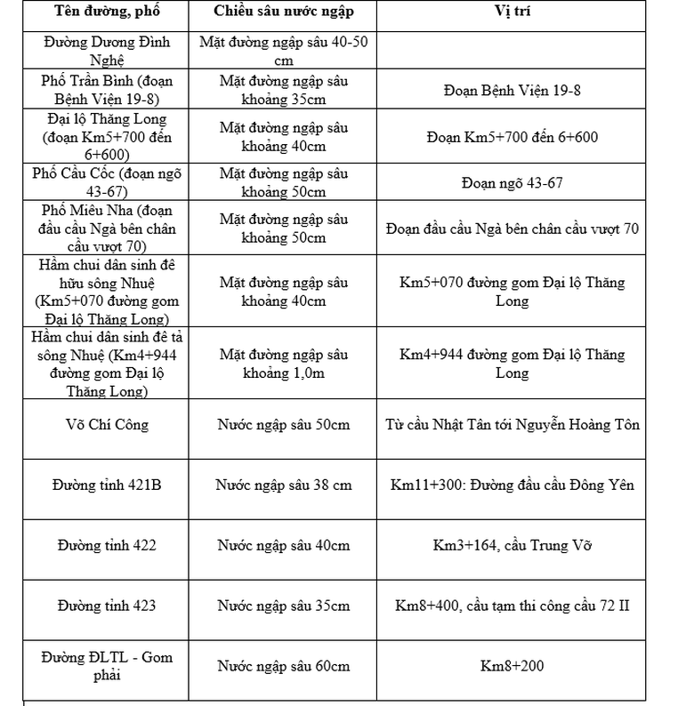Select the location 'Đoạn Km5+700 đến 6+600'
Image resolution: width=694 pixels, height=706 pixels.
coord(512,137)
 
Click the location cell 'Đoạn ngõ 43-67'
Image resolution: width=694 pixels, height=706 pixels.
coord(512,183)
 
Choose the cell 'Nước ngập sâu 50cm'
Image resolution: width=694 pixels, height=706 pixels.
coord(284,424)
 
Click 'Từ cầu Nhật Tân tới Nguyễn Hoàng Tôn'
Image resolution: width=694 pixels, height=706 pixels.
coord(512,424)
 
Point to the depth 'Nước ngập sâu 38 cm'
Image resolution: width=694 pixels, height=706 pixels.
coord(284,485)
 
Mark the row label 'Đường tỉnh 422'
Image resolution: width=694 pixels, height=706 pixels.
coord(106,545)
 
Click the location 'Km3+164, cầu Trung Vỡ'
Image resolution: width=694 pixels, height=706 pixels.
coord(512,545)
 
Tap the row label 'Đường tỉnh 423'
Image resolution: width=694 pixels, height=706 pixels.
coord(106,606)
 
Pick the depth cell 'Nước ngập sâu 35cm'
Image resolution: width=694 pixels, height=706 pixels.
coord(284,606)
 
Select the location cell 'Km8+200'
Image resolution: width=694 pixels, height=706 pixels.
coord(512,666)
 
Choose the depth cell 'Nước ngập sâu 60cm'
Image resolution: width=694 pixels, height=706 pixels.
coord(284,666)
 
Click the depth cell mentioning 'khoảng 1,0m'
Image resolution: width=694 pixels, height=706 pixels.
coord(284,363)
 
